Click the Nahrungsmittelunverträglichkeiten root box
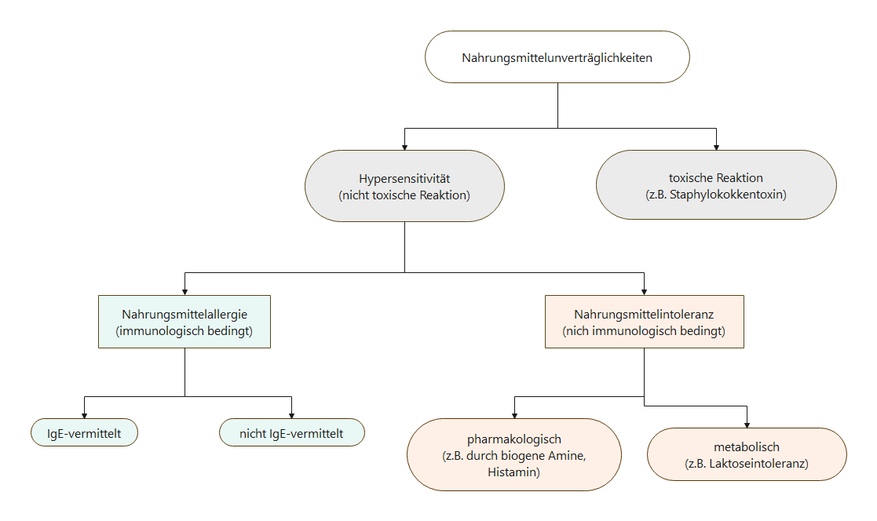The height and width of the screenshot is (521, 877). click(557, 57)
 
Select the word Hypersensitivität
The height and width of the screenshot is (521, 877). click(404, 179)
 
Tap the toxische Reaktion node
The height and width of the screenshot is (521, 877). click(716, 184)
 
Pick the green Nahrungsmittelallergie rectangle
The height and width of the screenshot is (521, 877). click(185, 322)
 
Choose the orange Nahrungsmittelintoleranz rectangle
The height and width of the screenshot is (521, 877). click(645, 322)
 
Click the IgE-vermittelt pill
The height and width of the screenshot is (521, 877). click(85, 432)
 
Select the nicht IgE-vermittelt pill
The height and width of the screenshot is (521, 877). click(292, 432)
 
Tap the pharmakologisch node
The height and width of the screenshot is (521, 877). click(514, 454)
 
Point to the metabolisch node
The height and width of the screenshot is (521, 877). click(747, 454)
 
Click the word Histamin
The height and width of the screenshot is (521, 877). click(512, 472)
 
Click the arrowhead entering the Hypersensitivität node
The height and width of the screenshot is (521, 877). click(404, 147)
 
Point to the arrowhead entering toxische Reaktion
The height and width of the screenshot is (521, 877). click(716, 147)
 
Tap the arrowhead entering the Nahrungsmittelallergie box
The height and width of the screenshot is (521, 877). click(185, 292)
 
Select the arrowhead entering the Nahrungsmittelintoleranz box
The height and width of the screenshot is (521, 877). click(645, 292)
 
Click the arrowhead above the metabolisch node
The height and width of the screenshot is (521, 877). click(747, 424)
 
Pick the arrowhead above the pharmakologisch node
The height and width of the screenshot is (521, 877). click(514, 415)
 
